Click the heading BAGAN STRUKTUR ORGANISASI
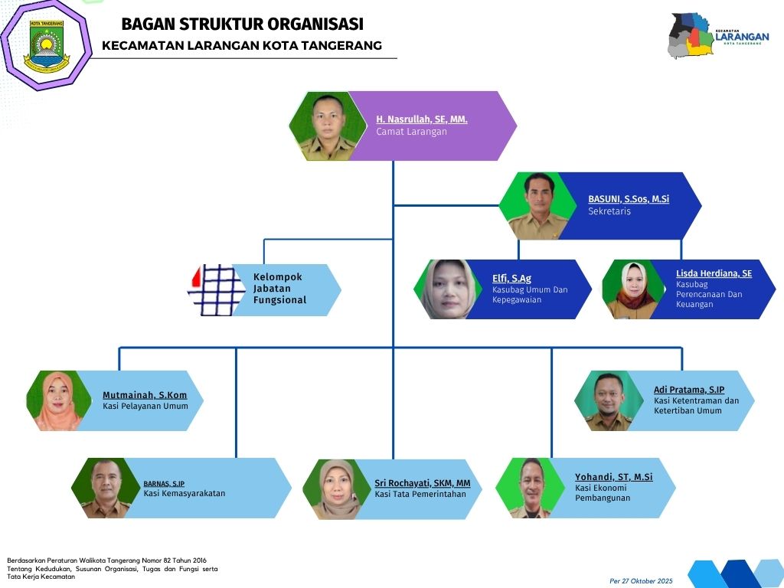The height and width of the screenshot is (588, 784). (x=242, y=24)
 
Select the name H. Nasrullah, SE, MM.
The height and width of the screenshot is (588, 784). (x=421, y=119)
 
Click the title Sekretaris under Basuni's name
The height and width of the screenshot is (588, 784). (x=609, y=211)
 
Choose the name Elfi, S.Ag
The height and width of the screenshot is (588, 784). (x=511, y=279)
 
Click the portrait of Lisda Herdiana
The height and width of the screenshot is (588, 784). (x=631, y=289)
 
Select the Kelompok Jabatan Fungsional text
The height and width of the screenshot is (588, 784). (x=279, y=289)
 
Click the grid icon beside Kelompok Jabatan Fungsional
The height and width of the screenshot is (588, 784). (x=217, y=290)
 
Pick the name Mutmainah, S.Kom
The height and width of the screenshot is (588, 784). (x=145, y=395)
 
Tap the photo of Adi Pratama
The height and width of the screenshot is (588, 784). (x=606, y=400)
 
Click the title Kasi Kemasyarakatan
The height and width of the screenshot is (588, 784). (x=184, y=494)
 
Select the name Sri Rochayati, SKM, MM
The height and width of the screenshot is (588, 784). (x=422, y=483)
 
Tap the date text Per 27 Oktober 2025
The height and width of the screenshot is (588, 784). (x=641, y=581)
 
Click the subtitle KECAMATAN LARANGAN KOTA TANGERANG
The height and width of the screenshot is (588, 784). (x=242, y=46)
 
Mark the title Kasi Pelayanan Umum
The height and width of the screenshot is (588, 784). (x=145, y=406)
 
